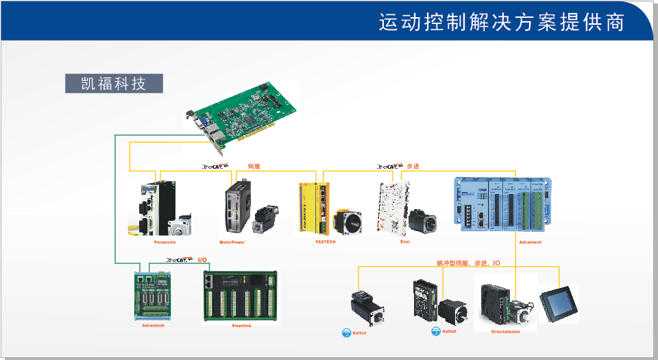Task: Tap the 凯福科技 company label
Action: pos(114,84)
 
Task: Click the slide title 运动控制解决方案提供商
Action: pos(501,22)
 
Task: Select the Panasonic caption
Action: pos(164,242)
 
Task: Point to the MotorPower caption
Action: pos(232,242)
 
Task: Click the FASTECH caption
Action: pos(326,242)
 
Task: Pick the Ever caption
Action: pos(405,242)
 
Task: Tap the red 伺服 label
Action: pos(254,167)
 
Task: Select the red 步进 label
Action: pos(413,167)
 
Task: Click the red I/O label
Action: pos(202,260)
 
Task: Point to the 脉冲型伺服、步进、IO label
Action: pos(468,263)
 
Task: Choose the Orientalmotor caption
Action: pos(505,332)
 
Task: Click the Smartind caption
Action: pos(241,326)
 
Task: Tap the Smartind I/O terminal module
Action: pos(241,295)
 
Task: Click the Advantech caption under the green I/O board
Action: pos(153,326)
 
